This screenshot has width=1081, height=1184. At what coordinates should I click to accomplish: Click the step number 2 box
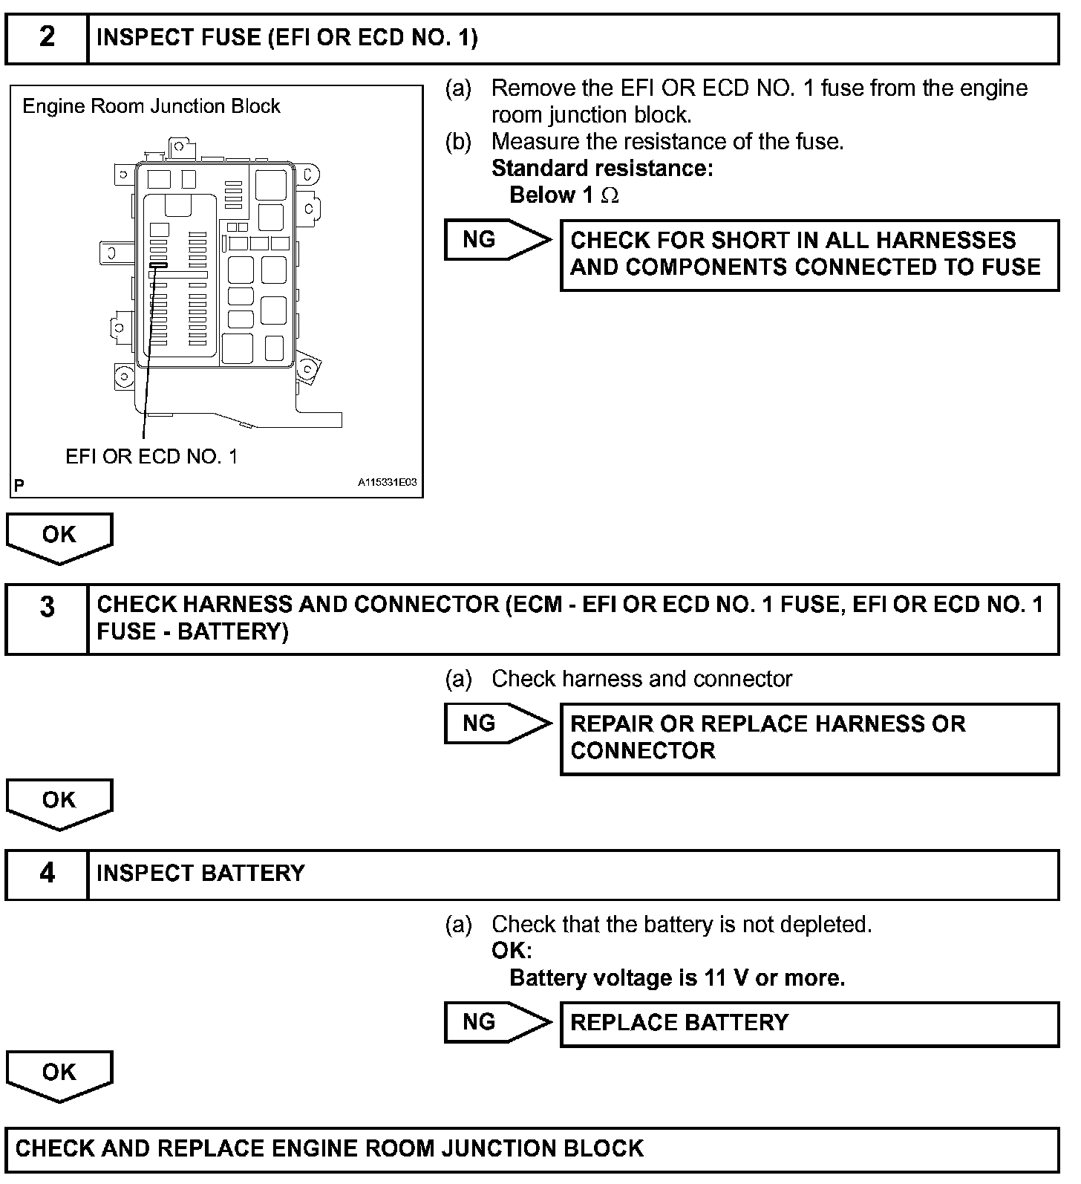coord(47,38)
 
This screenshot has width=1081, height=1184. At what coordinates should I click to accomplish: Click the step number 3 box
coord(47,619)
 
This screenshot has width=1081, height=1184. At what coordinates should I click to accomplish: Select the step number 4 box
coord(47,874)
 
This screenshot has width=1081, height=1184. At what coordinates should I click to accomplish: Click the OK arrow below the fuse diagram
coord(59,536)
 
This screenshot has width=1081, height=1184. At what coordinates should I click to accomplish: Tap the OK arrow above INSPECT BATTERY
coord(59,802)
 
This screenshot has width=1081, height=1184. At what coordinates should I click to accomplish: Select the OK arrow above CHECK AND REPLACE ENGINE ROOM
coord(59,1074)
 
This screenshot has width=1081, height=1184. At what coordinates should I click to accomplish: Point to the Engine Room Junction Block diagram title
coord(151,106)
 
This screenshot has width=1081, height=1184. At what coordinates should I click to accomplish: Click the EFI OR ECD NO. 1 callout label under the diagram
coord(151,456)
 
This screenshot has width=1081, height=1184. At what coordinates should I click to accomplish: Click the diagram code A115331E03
coord(387,483)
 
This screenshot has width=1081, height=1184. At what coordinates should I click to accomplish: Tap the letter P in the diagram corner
coord(19,486)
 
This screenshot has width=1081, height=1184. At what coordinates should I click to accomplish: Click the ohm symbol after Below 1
coord(610,195)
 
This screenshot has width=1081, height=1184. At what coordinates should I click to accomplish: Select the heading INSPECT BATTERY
coord(200,874)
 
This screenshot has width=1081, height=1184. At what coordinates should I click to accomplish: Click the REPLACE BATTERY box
coord(809,1024)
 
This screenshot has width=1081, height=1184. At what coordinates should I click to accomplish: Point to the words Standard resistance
coord(601,169)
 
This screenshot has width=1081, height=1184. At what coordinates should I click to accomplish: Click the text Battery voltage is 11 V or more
coord(677,978)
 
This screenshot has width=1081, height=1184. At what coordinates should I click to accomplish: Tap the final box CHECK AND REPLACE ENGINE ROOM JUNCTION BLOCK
coord(531,1149)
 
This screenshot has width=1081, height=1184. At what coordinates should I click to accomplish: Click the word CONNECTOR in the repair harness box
coord(642,751)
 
